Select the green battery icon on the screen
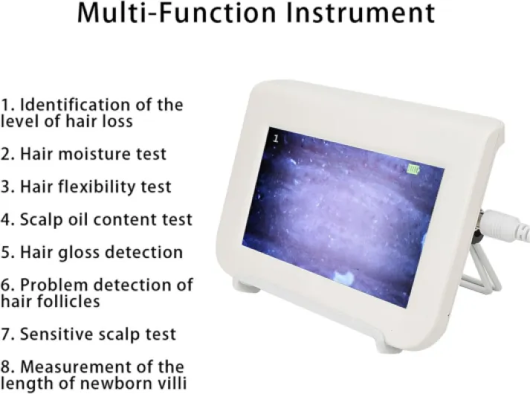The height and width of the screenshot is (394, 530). tap(413, 169)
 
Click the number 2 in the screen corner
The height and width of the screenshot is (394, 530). tap(275, 138)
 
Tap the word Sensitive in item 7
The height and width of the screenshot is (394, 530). tap(54, 334)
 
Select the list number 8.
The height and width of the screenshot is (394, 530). tap(6, 366)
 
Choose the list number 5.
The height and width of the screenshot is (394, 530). tap(6, 252)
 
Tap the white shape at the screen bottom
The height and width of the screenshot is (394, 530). tap(344, 278)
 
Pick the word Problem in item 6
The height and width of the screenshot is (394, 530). tap(51, 285)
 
